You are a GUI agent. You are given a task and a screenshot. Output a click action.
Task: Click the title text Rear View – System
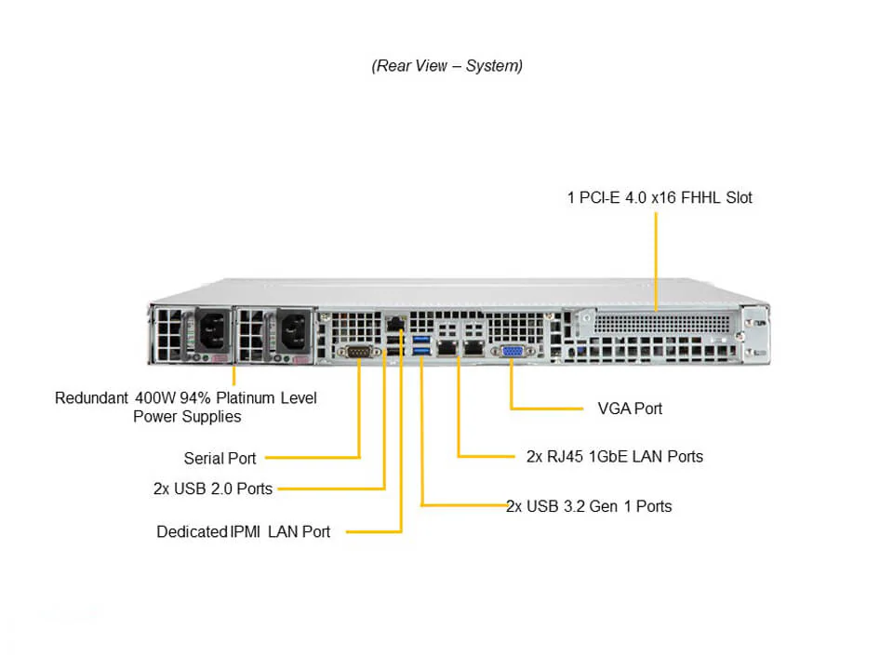click(446, 66)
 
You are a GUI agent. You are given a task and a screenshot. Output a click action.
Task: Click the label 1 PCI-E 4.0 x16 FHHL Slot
click(660, 197)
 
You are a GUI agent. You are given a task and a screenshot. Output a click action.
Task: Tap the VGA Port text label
click(630, 409)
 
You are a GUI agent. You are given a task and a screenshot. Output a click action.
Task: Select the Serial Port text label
click(220, 458)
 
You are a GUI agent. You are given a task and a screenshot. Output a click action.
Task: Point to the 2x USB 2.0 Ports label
click(213, 488)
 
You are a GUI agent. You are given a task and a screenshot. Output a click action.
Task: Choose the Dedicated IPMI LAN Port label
click(243, 532)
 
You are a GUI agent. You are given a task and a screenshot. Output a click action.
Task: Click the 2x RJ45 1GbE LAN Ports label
click(614, 456)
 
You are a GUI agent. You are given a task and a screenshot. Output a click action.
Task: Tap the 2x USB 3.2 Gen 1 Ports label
click(589, 506)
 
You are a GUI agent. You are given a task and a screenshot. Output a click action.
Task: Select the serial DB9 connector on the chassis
click(359, 351)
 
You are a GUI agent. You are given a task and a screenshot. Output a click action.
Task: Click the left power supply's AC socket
click(210, 329)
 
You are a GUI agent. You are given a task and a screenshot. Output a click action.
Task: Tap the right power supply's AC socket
click(290, 329)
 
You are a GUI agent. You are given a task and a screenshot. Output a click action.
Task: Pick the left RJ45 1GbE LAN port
click(448, 348)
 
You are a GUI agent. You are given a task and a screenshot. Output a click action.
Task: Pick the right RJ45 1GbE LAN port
click(474, 348)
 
